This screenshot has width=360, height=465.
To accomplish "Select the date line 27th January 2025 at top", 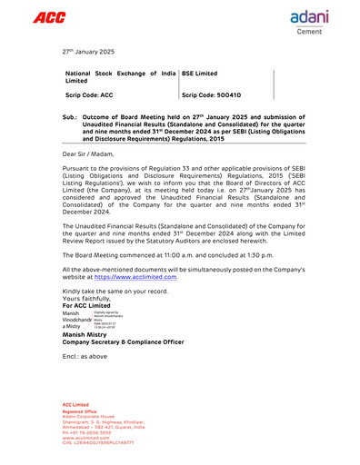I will [89, 52].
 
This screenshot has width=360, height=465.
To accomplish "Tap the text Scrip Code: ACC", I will [89, 94].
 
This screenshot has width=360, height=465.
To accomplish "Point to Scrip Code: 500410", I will [212, 94].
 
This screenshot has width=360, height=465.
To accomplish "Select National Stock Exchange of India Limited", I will [120, 76].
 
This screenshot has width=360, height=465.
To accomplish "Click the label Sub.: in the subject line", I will [70, 118].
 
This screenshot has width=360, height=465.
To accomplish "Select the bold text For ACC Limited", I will [88, 305].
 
